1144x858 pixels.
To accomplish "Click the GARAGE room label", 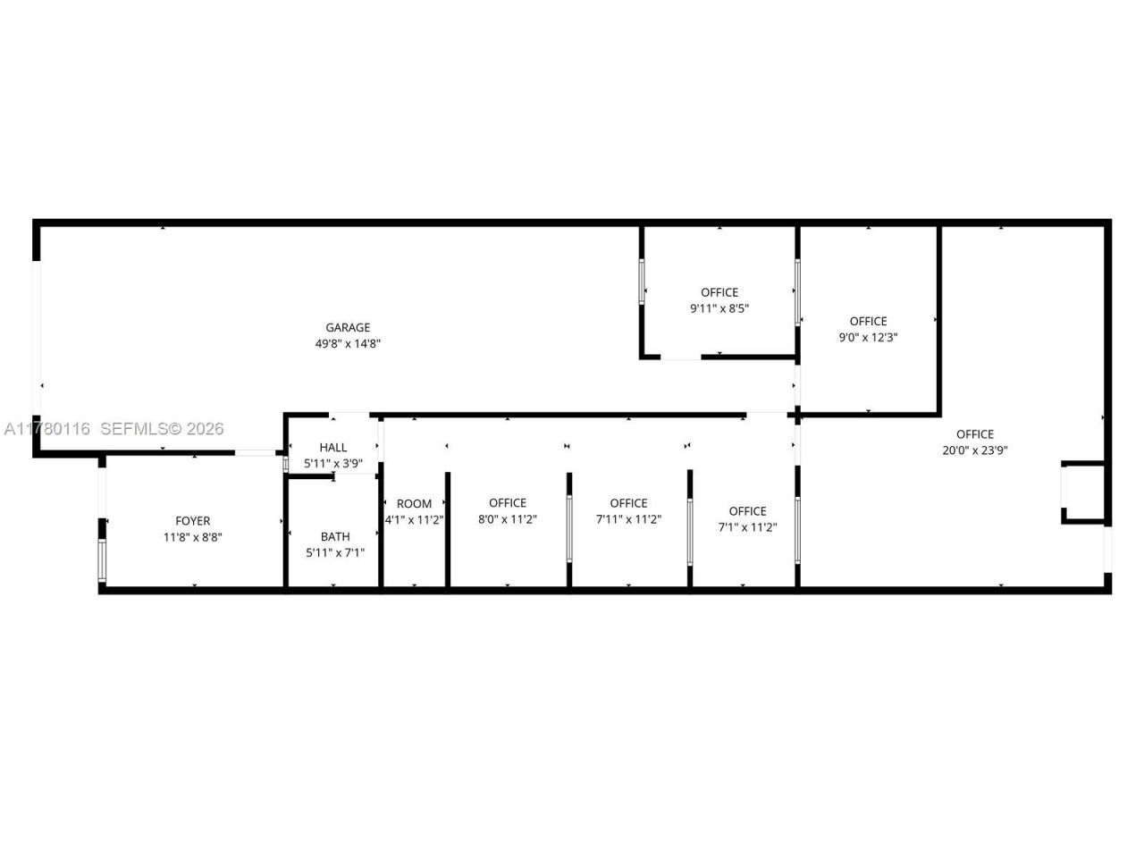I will pyautogui.click(x=348, y=328).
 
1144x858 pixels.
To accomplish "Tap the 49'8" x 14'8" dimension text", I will pyautogui.click(x=348, y=344).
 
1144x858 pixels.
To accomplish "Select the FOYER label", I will pyautogui.click(x=192, y=521).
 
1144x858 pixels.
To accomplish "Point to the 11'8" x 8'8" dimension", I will pyautogui.click(x=192, y=537).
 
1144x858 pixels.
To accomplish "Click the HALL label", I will pyautogui.click(x=333, y=448).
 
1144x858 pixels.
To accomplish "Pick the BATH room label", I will pyautogui.click(x=335, y=537).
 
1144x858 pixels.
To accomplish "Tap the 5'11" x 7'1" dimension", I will pyautogui.click(x=335, y=553).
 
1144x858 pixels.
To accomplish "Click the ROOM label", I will pyautogui.click(x=414, y=504).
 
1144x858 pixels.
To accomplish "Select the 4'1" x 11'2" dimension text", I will pyautogui.click(x=414, y=519).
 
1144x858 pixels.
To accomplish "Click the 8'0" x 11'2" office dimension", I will pyautogui.click(x=507, y=519).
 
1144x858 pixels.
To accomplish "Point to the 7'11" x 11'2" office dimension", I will pyautogui.click(x=628, y=519).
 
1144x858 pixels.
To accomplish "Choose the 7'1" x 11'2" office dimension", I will pyautogui.click(x=747, y=527).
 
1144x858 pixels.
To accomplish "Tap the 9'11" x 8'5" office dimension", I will pyautogui.click(x=719, y=308).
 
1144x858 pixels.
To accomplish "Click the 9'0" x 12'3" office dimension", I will pyautogui.click(x=868, y=338).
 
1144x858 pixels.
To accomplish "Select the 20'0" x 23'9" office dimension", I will pyautogui.click(x=974, y=450).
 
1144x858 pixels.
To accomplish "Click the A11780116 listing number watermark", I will pyautogui.click(x=46, y=429).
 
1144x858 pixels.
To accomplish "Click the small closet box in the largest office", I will pyautogui.click(x=1083, y=492).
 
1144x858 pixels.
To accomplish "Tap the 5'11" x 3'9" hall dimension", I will pyautogui.click(x=333, y=464).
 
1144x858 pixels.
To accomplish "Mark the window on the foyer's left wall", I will pyautogui.click(x=102, y=561).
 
